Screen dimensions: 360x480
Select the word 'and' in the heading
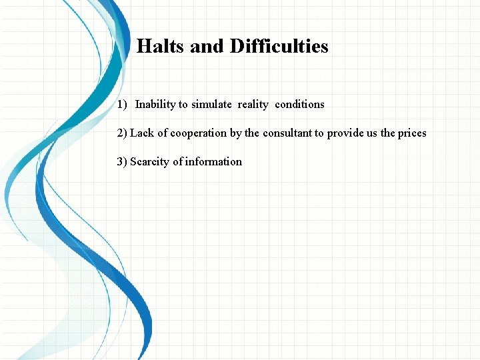tap(207, 47)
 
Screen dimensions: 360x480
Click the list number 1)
tap(122, 105)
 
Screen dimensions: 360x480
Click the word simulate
tap(211, 105)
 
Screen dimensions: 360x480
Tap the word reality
tap(253, 105)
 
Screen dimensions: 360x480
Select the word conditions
tap(299, 105)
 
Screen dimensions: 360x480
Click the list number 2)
tap(122, 133)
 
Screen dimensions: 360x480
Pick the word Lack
tap(142, 133)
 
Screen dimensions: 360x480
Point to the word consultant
tap(288, 133)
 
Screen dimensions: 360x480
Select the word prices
tap(412, 133)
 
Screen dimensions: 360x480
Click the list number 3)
tap(122, 162)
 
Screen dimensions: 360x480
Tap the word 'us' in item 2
tap(371, 133)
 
